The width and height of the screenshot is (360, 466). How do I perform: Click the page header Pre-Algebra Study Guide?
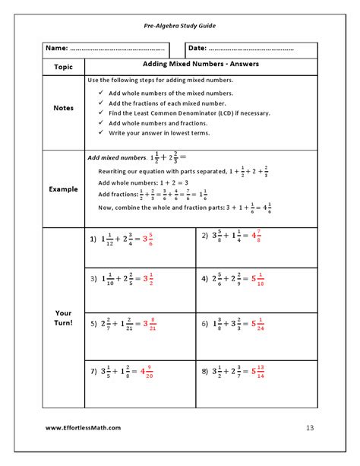click(180, 25)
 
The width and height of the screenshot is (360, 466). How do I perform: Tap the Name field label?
click(57, 49)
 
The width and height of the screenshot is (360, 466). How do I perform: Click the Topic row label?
click(64, 67)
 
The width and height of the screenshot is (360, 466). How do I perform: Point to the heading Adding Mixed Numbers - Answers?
click(201, 64)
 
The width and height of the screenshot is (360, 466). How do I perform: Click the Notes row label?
click(64, 108)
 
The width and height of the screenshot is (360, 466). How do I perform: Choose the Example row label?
click(64, 189)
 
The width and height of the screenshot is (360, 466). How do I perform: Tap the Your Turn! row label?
click(64, 318)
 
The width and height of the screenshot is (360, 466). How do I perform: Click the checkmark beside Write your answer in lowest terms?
click(102, 132)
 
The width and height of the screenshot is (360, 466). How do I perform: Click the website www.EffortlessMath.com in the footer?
click(83, 427)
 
